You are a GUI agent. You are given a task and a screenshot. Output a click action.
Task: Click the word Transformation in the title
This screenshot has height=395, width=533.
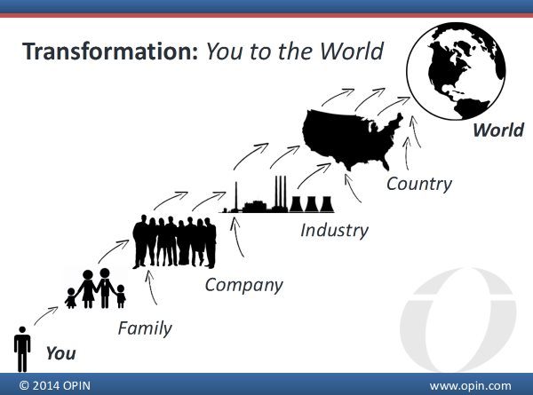click(x=110, y=51)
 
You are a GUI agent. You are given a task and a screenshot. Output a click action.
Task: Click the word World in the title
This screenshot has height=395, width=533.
click(x=352, y=51)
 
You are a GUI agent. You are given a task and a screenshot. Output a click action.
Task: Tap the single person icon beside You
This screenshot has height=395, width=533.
click(x=22, y=349)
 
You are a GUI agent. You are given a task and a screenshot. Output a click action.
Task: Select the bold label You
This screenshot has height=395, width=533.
click(x=60, y=353)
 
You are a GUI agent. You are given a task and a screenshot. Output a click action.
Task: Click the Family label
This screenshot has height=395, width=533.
click(x=145, y=328)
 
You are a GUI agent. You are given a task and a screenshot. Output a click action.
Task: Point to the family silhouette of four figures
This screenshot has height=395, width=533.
click(x=96, y=288)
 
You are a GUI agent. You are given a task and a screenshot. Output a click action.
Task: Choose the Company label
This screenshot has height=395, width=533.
click(x=243, y=285)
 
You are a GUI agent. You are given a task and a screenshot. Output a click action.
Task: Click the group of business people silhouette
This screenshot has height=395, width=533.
click(x=174, y=241)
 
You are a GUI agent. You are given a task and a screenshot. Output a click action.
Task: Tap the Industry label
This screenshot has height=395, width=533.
click(x=334, y=230)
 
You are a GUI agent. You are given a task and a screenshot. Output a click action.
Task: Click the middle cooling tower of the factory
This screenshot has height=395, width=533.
click(x=311, y=204)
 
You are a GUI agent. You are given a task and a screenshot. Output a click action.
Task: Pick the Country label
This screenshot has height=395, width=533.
click(x=419, y=184)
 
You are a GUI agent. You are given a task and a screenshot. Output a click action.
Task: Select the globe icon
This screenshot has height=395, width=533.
click(x=457, y=71)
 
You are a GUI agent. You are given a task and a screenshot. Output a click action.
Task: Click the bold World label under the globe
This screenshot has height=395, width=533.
click(x=498, y=130)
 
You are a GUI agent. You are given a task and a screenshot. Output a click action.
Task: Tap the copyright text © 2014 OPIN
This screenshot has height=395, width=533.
click(x=55, y=386)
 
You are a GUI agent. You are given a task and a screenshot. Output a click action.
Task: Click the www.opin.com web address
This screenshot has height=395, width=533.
click(x=470, y=386)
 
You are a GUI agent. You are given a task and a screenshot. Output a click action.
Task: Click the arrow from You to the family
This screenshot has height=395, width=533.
click(x=46, y=315)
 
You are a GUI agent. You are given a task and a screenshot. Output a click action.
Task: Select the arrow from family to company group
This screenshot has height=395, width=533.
click(x=114, y=250)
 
